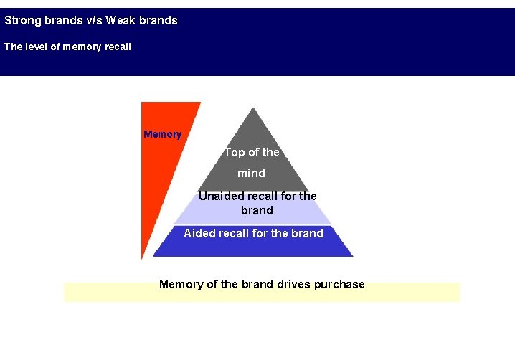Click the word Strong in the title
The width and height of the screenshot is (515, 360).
(x=23, y=21)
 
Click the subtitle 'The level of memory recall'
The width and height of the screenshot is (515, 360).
(x=67, y=47)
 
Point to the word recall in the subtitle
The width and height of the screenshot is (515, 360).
(x=118, y=47)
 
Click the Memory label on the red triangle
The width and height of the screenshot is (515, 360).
(x=162, y=134)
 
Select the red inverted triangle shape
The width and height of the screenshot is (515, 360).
(x=159, y=165)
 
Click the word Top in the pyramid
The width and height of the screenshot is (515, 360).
(x=234, y=152)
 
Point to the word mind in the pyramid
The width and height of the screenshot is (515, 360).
(x=251, y=173)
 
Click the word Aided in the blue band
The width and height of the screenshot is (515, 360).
(x=199, y=233)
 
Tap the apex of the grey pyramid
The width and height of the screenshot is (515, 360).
(x=252, y=109)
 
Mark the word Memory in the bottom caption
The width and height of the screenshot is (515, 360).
(x=181, y=284)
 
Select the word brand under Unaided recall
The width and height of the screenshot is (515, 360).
(x=257, y=210)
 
